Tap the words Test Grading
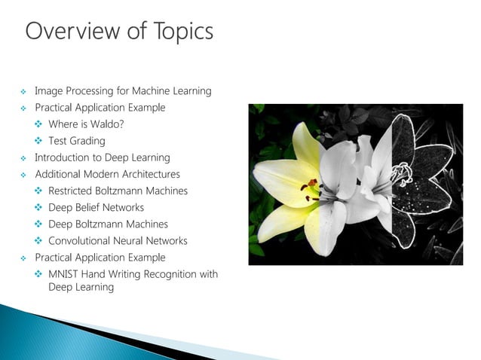point(77,141)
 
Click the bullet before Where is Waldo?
point(38,124)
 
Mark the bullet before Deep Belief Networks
point(38,208)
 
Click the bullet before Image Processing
point(24,92)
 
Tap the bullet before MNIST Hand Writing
point(38,274)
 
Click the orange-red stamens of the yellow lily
point(311,185)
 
